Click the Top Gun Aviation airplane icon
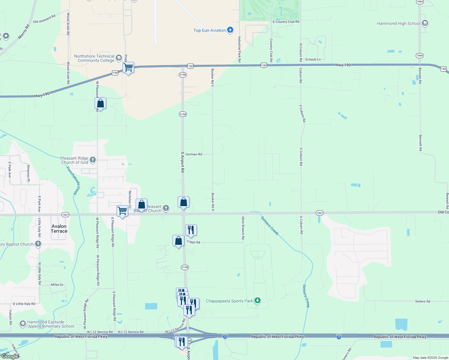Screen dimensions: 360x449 click(230, 30)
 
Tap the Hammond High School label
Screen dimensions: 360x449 click(398, 23)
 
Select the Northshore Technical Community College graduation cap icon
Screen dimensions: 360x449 click(119, 58)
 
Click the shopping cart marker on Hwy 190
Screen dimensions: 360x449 click(128, 68)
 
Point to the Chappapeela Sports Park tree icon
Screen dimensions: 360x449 click(257, 301)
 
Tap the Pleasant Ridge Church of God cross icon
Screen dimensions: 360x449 click(93, 160)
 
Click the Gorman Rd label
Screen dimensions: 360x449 click(194, 154)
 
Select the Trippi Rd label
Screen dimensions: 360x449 click(193, 242)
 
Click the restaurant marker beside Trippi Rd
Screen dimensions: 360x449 click(191, 230)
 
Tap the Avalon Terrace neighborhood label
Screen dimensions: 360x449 click(59, 229)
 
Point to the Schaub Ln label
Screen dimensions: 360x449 click(313, 59)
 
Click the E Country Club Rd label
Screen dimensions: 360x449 click(286, 22)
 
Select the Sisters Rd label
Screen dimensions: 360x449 click(423, 301)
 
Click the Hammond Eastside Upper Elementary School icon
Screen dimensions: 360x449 click(23, 324)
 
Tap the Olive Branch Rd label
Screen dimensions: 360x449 click(243, 228)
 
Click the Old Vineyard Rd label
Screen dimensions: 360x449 click(44, 19)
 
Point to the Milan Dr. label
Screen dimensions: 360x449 click(57, 285)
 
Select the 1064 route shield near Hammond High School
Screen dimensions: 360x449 click(420, 55)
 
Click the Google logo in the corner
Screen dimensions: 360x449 click(10, 356)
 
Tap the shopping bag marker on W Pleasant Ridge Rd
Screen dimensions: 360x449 click(100, 104)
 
